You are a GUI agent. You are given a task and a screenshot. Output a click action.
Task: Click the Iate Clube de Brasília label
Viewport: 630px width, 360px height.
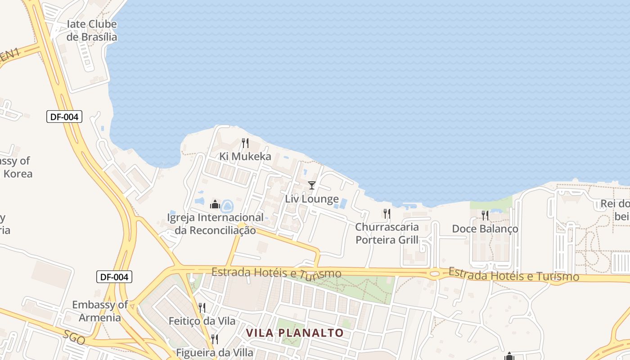coord(92,31)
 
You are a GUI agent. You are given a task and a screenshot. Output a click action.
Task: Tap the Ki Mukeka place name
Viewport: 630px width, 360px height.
coord(245,157)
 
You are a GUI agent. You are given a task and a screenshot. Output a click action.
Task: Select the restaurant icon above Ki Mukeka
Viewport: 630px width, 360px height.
coord(245,143)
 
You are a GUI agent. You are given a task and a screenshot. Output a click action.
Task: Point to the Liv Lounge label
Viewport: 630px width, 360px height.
coord(312,199)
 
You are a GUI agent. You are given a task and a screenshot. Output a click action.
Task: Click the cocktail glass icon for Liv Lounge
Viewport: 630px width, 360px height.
coord(311,185)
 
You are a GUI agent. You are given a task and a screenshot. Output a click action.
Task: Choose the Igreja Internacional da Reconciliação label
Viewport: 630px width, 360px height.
coord(215,224)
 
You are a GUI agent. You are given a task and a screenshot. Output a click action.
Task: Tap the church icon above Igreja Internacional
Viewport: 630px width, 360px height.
coord(215,205)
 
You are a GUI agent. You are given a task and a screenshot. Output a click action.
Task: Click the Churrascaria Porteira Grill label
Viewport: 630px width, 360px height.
coord(387,233)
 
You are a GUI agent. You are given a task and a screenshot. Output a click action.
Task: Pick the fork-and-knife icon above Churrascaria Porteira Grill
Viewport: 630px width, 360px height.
coord(387,213)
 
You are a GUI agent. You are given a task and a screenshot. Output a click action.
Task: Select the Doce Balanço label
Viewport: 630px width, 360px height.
coord(485,229)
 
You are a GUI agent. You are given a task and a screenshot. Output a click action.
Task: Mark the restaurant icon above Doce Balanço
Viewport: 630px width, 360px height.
coord(485,215)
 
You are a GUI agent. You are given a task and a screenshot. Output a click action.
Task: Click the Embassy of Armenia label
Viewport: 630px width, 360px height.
coord(100,311)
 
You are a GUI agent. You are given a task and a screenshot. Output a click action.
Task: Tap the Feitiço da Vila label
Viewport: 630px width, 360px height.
coord(202,321)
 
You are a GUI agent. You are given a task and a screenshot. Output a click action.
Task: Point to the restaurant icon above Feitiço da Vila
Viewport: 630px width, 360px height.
coord(202,308)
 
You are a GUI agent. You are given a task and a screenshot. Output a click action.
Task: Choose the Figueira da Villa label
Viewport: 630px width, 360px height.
coord(215,352)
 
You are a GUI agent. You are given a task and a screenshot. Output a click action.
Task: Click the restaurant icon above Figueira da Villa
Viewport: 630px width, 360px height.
coord(215,339)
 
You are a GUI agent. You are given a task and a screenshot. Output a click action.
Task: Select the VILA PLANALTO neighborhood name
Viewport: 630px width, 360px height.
coord(295,333)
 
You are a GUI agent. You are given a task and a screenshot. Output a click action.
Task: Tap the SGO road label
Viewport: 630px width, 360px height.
coord(74,337)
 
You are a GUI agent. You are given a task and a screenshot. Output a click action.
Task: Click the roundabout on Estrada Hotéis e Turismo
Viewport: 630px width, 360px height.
coord(435,273)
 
